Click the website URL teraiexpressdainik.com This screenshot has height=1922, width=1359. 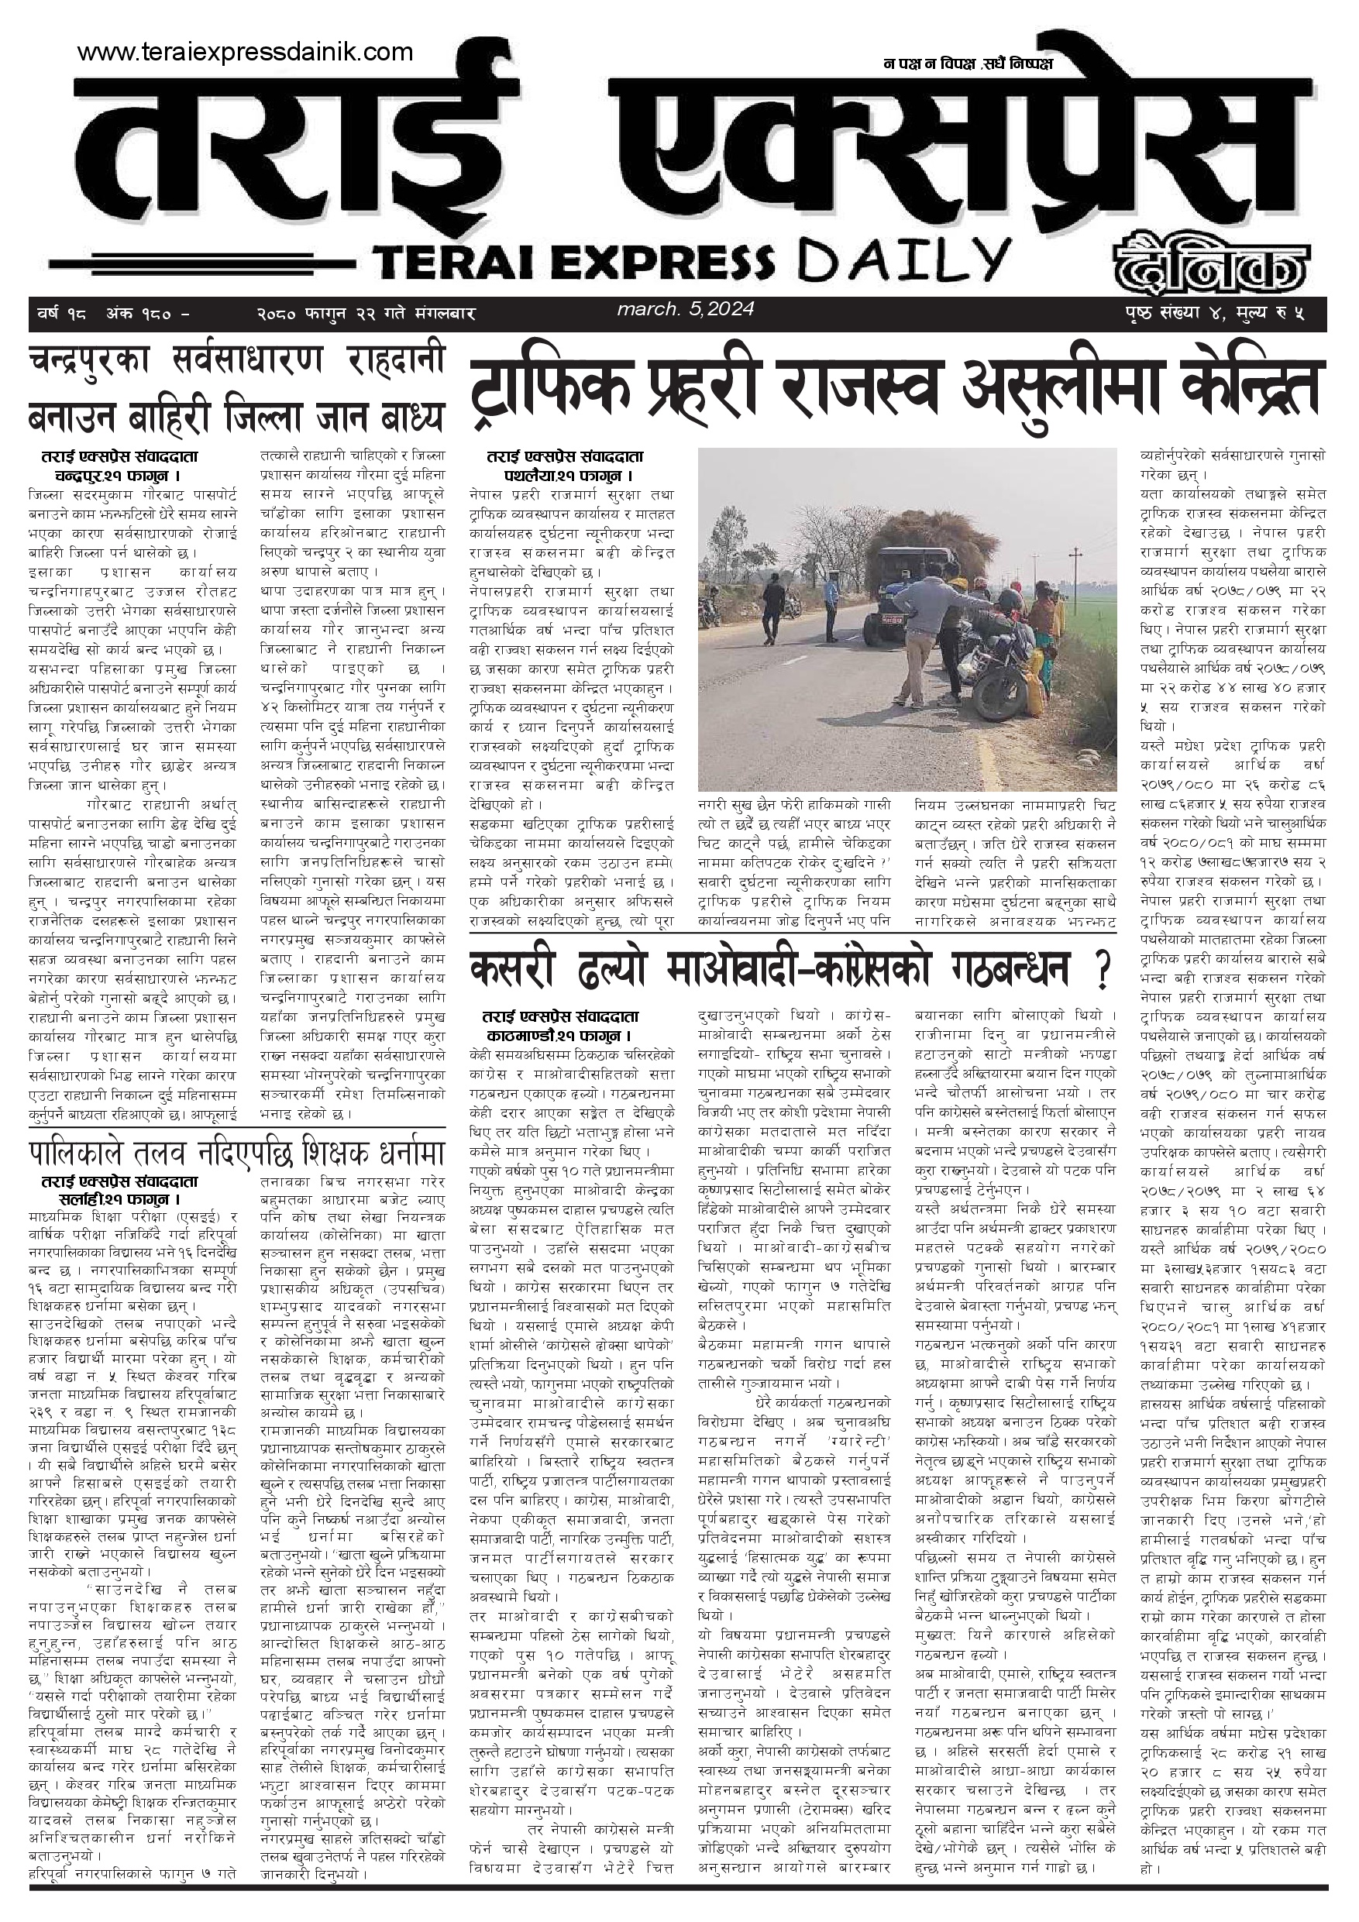click(245, 53)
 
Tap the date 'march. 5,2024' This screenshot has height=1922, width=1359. click(686, 310)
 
